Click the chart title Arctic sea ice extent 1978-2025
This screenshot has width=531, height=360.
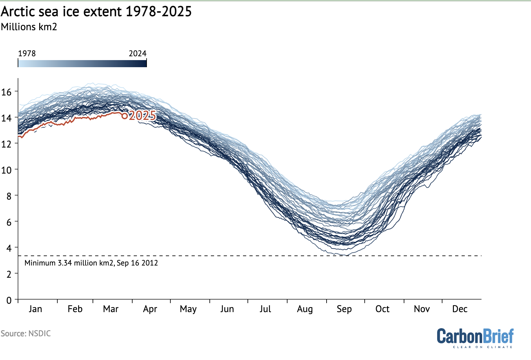pos(96,12)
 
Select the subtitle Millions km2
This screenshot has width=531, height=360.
pos(29,27)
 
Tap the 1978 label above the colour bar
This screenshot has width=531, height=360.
pos(27,53)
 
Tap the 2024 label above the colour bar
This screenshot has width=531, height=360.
pos(138,53)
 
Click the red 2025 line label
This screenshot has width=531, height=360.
pos(142,116)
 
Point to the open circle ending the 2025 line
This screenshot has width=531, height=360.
pos(125,116)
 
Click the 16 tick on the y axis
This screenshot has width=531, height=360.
pos(6,92)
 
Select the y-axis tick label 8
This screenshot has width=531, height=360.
pos(9,196)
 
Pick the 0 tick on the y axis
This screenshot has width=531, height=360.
pos(9,300)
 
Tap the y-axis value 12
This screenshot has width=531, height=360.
pos(6,144)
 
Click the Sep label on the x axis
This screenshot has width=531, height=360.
pos(344,309)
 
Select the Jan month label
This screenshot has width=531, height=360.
pos(35,309)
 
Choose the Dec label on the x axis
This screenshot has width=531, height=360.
pos(460,309)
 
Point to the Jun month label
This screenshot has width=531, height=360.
pos(227,309)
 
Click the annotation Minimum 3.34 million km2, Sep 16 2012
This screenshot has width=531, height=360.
pos(91,263)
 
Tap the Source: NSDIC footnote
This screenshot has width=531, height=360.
pos(26,333)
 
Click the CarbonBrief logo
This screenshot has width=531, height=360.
pos(475,336)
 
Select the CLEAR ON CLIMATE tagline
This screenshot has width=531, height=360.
pos(482,347)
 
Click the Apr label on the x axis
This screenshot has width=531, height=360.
pos(150,309)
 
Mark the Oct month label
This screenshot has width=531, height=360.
pos(382,309)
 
